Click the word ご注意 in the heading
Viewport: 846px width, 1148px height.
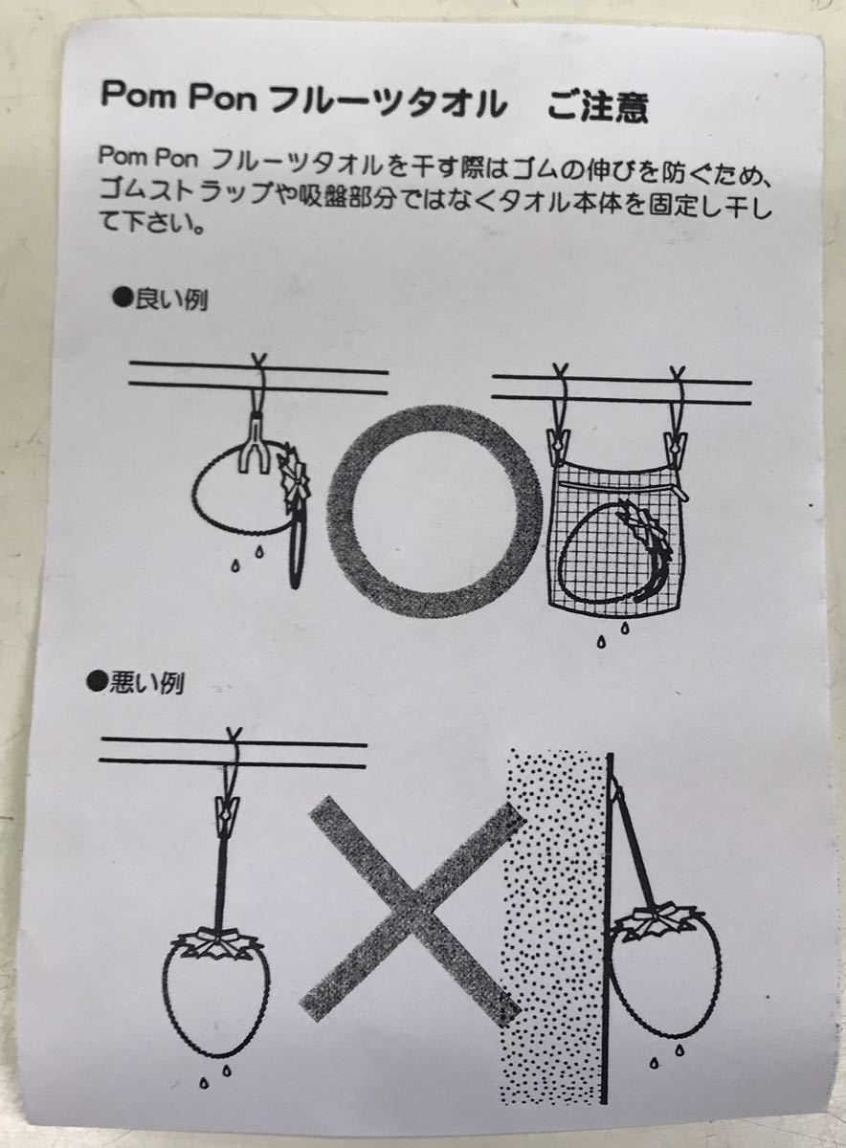click(598, 106)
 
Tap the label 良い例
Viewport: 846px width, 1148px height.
click(171, 299)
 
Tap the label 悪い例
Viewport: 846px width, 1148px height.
click(146, 683)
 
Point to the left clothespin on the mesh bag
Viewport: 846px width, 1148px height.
click(559, 446)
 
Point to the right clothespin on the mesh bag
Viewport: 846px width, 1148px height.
click(676, 448)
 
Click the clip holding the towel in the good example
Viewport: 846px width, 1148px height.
click(253, 450)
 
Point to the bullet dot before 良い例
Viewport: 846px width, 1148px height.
click(123, 298)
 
